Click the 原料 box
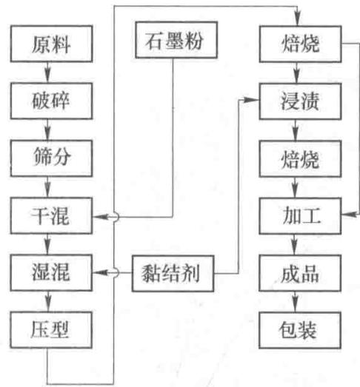click(x=51, y=44)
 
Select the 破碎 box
click(x=51, y=101)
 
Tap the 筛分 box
click(x=51, y=158)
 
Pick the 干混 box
click(x=51, y=215)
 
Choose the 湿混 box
click(x=51, y=273)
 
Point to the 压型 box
click(x=51, y=330)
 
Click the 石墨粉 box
click(x=176, y=40)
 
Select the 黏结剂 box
click(x=173, y=274)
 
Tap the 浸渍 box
click(x=301, y=101)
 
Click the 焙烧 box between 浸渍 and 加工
click(x=301, y=158)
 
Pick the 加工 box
click(x=300, y=216)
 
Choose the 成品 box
click(x=300, y=273)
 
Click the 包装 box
click(x=300, y=331)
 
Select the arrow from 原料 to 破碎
click(x=47, y=73)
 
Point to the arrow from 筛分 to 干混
click(x=47, y=186)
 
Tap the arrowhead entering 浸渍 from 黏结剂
click(x=252, y=100)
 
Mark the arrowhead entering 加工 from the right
click(x=349, y=215)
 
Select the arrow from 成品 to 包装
click(x=296, y=302)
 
